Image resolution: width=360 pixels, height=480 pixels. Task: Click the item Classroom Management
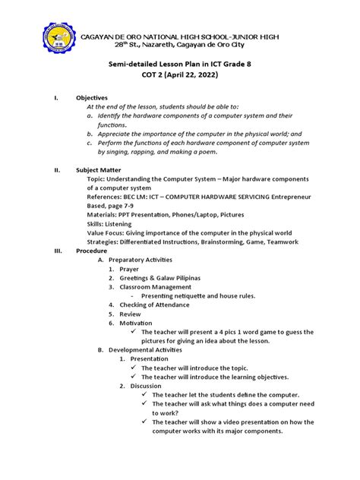pos(157,287)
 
